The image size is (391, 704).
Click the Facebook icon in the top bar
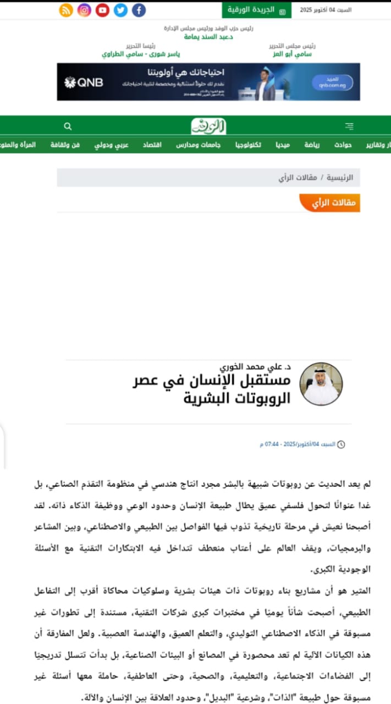click(139, 10)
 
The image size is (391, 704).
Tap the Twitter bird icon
click(120, 10)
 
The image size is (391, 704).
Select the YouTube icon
click(102, 10)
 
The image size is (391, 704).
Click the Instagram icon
click(84, 10)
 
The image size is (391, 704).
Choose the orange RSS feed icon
click(66, 10)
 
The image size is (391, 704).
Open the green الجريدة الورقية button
click(257, 10)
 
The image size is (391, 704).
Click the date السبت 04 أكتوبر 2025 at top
click(326, 10)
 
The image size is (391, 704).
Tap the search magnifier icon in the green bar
click(68, 127)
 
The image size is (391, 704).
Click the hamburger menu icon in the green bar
click(349, 127)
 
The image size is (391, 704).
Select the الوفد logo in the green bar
click(208, 127)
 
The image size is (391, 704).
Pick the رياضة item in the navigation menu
click(312, 145)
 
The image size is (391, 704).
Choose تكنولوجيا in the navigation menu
click(249, 145)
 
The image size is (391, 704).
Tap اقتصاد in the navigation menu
click(152, 145)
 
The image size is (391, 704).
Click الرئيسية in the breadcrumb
click(340, 178)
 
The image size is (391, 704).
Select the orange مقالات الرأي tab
click(331, 202)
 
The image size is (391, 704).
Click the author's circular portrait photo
click(321, 384)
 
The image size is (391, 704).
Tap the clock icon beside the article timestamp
click(341, 444)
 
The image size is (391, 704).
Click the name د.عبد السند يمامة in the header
click(208, 36)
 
